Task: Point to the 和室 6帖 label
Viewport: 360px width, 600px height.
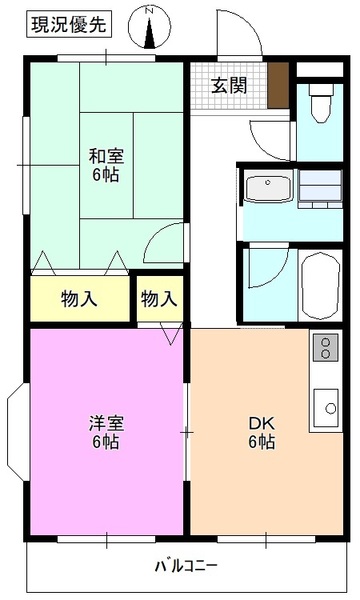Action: tap(105, 163)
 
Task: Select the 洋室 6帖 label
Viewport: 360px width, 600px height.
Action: tap(104, 431)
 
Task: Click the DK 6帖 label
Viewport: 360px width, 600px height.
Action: tap(262, 431)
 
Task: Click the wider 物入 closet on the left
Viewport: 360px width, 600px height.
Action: tap(78, 298)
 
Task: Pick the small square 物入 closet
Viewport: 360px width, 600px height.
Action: tap(159, 298)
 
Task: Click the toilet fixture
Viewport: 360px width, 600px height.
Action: tap(321, 104)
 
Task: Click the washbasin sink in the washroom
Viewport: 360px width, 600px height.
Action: tap(266, 188)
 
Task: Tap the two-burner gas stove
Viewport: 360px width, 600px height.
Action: tap(326, 348)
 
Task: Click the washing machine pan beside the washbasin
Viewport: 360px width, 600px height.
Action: tap(319, 187)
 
